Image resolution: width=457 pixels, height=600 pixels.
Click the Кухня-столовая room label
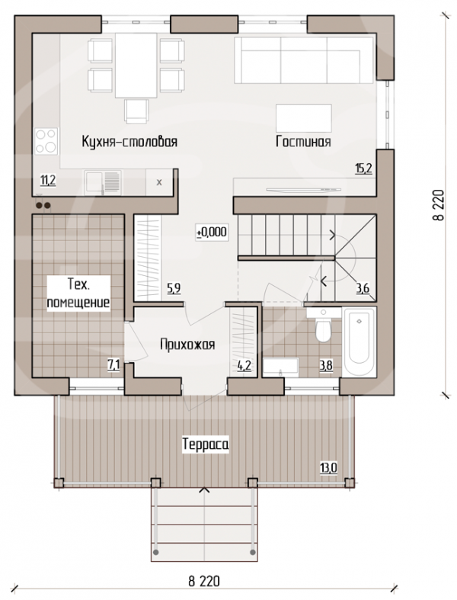coord(129,141)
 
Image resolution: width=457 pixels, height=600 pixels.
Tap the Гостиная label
coord(303,141)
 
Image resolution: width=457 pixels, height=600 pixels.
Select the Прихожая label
coord(187,345)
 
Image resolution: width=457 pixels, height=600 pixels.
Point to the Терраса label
coord(206,444)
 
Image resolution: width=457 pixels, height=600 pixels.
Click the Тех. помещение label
coord(78,294)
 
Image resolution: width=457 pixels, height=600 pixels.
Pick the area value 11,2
coord(49,180)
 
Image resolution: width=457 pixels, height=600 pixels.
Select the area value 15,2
coord(363,168)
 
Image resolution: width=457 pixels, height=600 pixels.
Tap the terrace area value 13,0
coord(328,467)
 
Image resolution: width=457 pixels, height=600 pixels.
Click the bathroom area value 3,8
coord(326,365)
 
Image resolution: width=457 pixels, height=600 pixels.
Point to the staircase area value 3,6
coord(363,287)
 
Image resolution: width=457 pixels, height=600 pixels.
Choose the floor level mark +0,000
coord(212,232)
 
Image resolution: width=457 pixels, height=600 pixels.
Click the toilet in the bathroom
coord(324,326)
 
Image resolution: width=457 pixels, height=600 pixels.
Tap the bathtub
coord(359,342)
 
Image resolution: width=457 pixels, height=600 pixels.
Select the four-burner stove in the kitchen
coord(46,141)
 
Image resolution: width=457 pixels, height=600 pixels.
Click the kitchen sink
coord(103,181)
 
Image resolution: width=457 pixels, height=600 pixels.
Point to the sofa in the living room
coord(304,60)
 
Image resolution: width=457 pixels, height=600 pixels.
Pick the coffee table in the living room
coord(304,118)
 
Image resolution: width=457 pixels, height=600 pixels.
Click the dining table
coord(136,66)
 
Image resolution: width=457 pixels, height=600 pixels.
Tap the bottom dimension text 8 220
coord(205,581)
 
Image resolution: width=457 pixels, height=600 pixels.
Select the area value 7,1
coord(113,365)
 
